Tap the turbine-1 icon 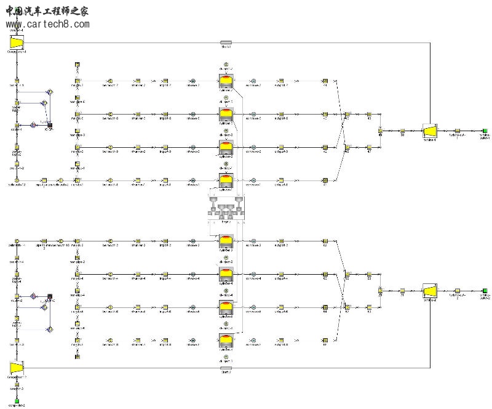click(x=430, y=131)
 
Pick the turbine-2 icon click(x=430, y=290)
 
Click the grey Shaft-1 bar click(x=226, y=43)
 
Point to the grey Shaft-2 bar click(x=226, y=368)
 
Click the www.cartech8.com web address click(x=47, y=25)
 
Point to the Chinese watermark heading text click(x=47, y=10)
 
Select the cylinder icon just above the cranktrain click(x=226, y=180)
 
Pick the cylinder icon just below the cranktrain click(x=226, y=242)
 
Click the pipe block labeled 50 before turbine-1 click(x=402, y=131)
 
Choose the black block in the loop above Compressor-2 click(x=49, y=297)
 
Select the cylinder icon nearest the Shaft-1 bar click(x=226, y=81)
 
